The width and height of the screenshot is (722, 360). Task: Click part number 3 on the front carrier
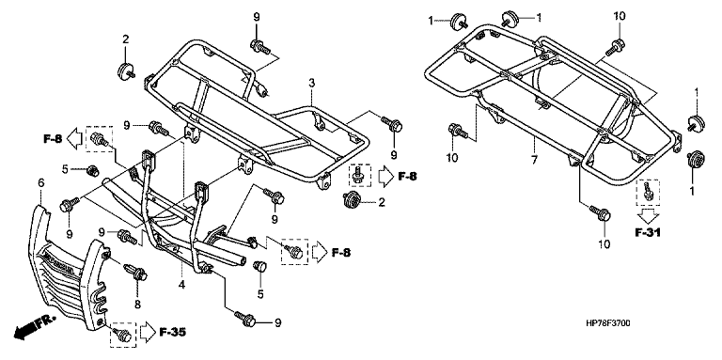pos(312,84)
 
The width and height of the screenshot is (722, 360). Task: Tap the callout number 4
pos(181,285)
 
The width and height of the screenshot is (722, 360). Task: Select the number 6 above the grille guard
pos(41,183)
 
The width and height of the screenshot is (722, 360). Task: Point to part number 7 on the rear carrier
pos(534,159)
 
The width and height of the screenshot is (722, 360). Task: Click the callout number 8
pos(137,304)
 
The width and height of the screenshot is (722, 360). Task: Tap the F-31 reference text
pos(648,233)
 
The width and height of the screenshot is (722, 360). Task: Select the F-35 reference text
pos(173,332)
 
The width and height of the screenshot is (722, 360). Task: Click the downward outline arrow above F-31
pos(647,215)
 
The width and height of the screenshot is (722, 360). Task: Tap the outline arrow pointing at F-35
pos(148,331)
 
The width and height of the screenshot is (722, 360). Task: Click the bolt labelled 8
pos(135,271)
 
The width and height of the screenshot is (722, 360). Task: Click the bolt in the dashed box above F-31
pos(647,191)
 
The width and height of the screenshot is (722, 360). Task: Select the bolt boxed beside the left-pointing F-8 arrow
pos(100,138)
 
